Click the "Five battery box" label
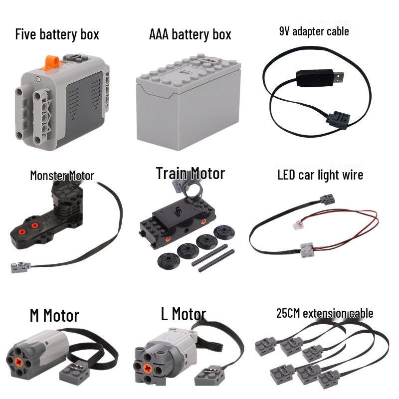coord(57,34)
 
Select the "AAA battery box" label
coord(190,34)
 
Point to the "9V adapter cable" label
coord(314,31)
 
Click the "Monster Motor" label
coord(62,176)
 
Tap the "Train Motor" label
coord(191,174)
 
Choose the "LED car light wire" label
coord(320,175)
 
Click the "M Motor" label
coord(54,315)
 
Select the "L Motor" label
coord(184,314)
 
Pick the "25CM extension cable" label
coord(325,313)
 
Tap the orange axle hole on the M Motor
coord(18,362)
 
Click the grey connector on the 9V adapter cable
coord(338,120)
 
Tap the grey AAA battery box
coord(189,102)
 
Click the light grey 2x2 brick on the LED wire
coord(307,250)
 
